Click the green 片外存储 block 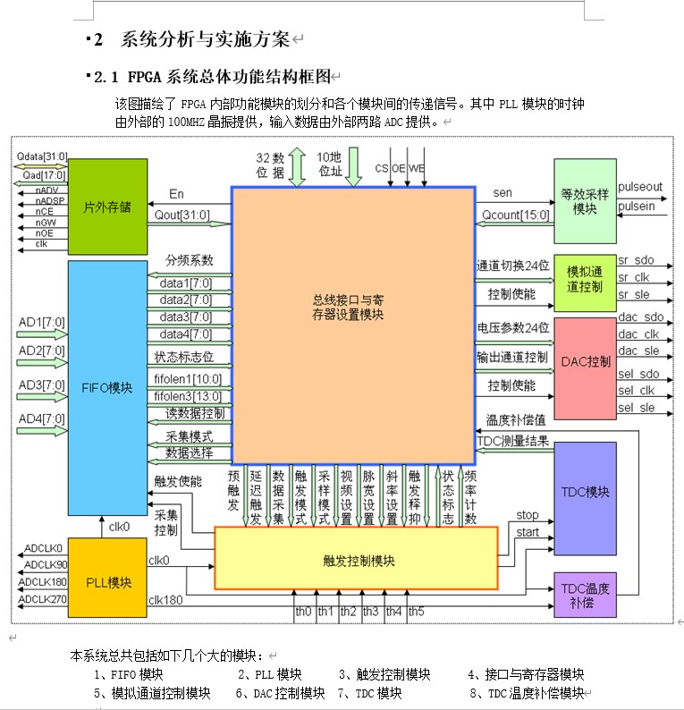(x=108, y=207)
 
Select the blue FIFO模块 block (x=108, y=388)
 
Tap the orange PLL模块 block (x=108, y=582)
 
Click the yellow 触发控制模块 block (x=356, y=560)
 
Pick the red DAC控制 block (x=585, y=362)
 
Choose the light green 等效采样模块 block (x=585, y=201)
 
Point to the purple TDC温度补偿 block (x=585, y=595)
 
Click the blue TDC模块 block (x=585, y=492)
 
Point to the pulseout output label (x=640, y=187)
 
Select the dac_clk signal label (x=639, y=334)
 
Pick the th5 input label (x=416, y=612)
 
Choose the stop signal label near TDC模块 (x=528, y=515)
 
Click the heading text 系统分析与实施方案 (x=205, y=39)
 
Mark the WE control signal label (x=417, y=168)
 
